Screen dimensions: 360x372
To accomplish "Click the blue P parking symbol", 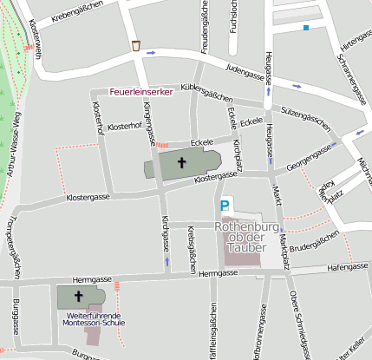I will pyautogui.click(x=225, y=206).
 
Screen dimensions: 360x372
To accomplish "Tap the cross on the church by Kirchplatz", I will pyautogui.click(x=182, y=161).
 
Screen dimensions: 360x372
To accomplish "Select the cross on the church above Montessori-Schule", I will pyautogui.click(x=78, y=295).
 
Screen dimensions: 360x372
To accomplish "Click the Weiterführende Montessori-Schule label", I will pyautogui.click(x=92, y=319).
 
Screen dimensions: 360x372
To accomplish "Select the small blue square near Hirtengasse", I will pyautogui.click(x=305, y=28).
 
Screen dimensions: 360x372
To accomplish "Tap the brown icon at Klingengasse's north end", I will pyautogui.click(x=136, y=45).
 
